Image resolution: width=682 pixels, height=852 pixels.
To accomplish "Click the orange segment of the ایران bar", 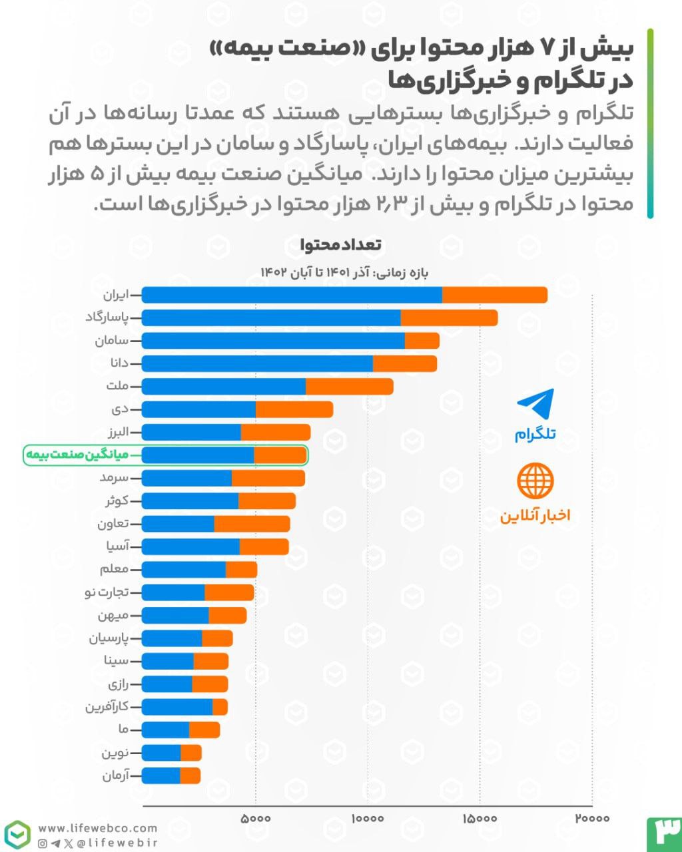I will coord(494,295).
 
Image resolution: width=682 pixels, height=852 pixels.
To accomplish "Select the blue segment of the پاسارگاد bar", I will coord(271,318).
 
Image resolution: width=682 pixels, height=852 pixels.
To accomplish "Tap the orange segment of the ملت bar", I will coord(349,387).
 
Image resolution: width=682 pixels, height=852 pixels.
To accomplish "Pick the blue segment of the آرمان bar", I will coord(161,775).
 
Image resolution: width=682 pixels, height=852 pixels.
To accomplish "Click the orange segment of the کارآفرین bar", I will coord(220,707).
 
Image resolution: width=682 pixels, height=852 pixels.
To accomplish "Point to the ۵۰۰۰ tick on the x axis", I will coord(255,818).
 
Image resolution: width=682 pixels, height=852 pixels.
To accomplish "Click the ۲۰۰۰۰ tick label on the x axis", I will coord(591,818).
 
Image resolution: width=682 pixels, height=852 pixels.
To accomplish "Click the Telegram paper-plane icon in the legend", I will coord(535,405).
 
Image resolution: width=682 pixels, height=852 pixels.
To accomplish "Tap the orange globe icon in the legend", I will coord(535,481).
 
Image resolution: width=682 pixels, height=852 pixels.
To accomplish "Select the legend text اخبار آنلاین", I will coord(535,516).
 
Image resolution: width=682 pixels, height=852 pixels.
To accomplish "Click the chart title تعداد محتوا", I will coord(341,245).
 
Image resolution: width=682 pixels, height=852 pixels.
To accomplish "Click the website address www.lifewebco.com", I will coord(98,829).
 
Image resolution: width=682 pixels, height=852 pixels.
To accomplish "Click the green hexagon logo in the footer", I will coord(17,835).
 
